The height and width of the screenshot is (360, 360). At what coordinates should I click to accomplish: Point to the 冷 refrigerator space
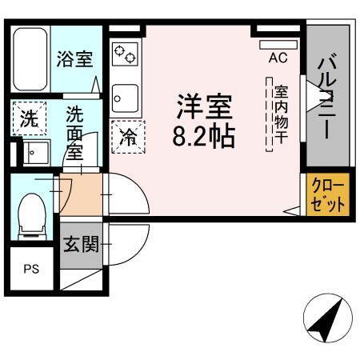point(128,137)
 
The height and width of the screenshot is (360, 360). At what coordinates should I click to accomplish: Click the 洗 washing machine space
point(28,120)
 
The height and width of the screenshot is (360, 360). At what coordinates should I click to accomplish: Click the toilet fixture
point(31,215)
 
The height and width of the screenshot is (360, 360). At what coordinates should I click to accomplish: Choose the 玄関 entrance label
point(81,243)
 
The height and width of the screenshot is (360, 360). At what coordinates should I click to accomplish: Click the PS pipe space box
point(30,268)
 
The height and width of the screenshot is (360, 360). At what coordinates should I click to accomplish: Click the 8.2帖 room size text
point(203,137)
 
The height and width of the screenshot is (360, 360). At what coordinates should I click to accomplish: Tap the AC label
point(278,58)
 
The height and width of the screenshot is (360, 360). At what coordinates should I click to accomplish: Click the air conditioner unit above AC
point(278,41)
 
